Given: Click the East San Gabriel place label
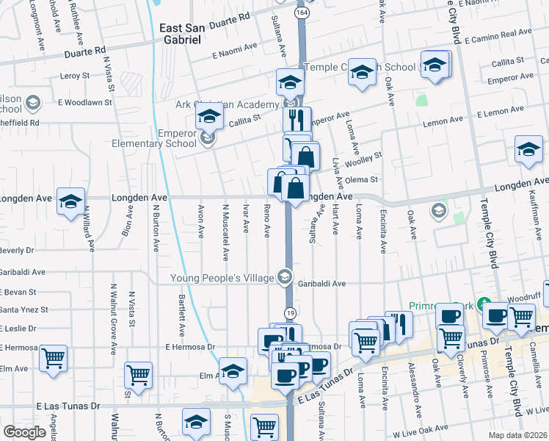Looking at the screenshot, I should point(180,34).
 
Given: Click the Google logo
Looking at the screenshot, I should point(24,432).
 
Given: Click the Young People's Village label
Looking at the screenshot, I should point(221,278).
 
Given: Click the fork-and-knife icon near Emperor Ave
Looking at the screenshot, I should point(297,119).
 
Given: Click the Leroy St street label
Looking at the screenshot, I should point(74,75).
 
